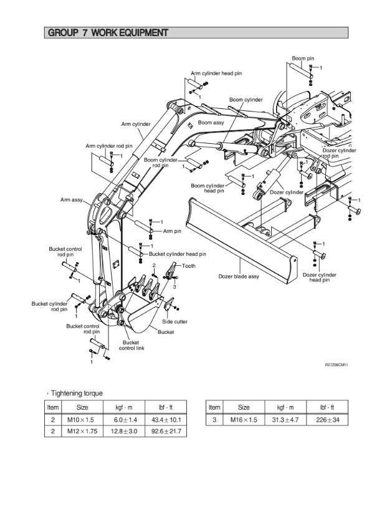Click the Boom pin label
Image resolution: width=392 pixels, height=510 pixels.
pyautogui.click(x=303, y=58)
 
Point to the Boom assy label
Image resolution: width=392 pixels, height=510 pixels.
pyautogui.click(x=211, y=123)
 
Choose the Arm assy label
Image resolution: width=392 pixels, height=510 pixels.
pyautogui.click(x=71, y=200)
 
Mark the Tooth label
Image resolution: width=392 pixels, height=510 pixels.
pyautogui.click(x=189, y=266)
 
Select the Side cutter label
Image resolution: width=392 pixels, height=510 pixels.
pyautogui.click(x=175, y=321)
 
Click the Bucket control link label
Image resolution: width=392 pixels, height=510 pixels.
pyautogui.click(x=131, y=345)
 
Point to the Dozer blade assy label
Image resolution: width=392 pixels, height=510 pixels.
pyautogui.click(x=238, y=276)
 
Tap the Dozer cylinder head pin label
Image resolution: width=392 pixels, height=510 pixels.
pyautogui.click(x=320, y=277)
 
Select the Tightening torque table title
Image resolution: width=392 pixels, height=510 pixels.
pyautogui.click(x=77, y=393)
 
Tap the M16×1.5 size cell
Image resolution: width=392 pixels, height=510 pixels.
pyautogui.click(x=244, y=420)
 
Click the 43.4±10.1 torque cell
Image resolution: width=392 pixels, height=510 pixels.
pyautogui.click(x=162, y=420)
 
